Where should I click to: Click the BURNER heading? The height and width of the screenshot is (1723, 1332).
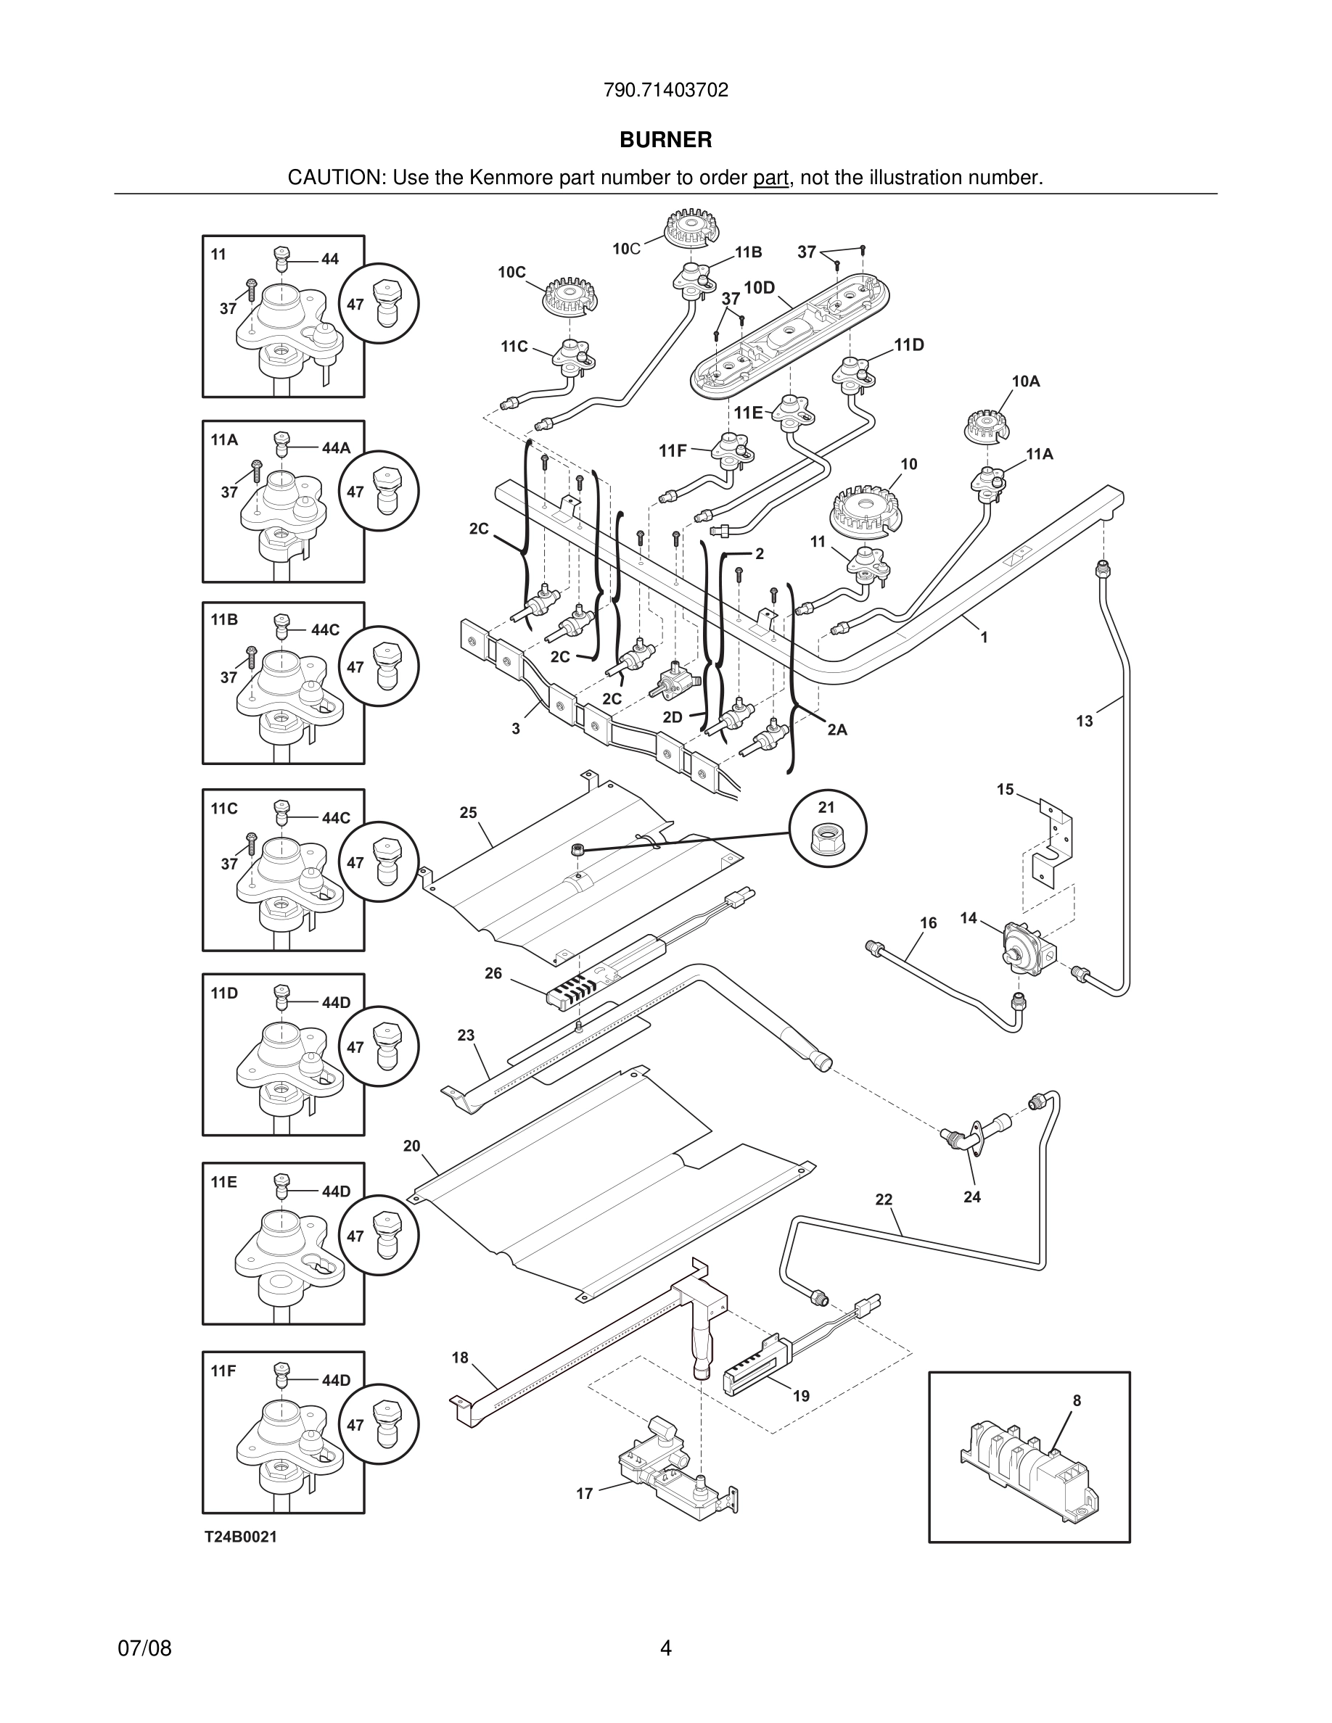(x=665, y=140)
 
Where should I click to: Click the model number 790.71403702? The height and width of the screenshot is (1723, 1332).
(x=665, y=90)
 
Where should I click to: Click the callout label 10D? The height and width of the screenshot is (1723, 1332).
(x=759, y=288)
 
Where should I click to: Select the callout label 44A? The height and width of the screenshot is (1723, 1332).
(x=336, y=448)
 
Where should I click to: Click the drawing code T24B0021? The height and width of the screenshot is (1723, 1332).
(x=241, y=1537)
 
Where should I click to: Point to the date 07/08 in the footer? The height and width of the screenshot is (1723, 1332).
(x=144, y=1648)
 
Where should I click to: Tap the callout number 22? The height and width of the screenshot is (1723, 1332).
(x=884, y=1199)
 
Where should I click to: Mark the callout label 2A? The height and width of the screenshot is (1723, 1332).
(x=837, y=730)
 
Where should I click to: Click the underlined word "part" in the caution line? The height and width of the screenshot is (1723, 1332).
(x=770, y=178)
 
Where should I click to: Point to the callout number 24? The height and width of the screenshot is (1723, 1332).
(x=972, y=1197)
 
